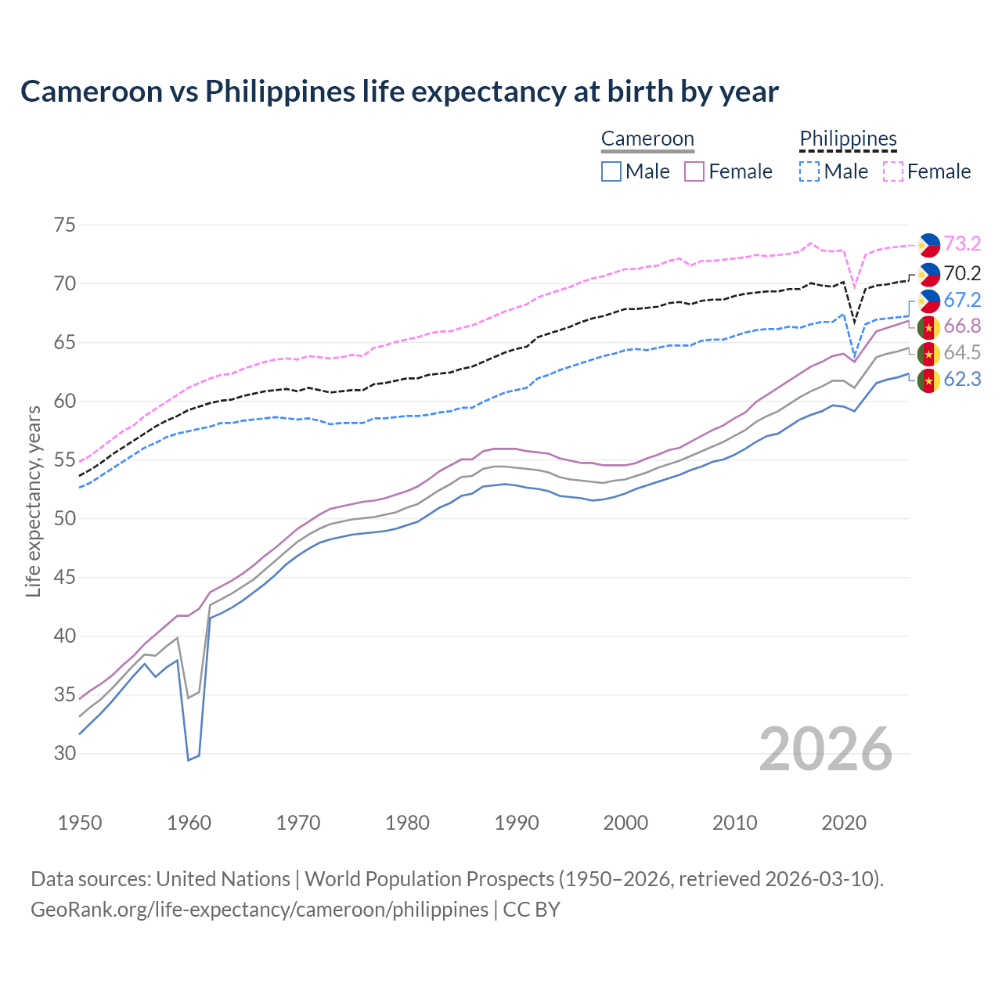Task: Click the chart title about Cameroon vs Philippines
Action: (x=399, y=92)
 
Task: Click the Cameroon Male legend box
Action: (x=611, y=171)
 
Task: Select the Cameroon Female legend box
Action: (x=694, y=171)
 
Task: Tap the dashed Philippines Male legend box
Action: (x=809, y=171)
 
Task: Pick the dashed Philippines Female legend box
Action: (x=893, y=171)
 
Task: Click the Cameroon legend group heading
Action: (x=647, y=139)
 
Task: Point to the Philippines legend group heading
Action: (x=848, y=139)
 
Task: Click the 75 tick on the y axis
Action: (x=65, y=225)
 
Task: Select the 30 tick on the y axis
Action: (x=65, y=754)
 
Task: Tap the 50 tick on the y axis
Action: (x=65, y=519)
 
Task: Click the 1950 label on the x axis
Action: (x=80, y=823)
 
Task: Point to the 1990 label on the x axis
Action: (x=517, y=823)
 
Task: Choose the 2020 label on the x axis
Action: (x=844, y=823)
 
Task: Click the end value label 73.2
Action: (x=962, y=244)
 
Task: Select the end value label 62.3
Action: (x=962, y=380)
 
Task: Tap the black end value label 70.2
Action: (x=962, y=273)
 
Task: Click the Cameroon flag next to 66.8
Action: (x=928, y=326)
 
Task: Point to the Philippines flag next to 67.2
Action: (x=928, y=301)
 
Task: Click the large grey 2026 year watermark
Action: (x=825, y=749)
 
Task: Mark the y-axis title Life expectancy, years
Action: (x=34, y=501)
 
